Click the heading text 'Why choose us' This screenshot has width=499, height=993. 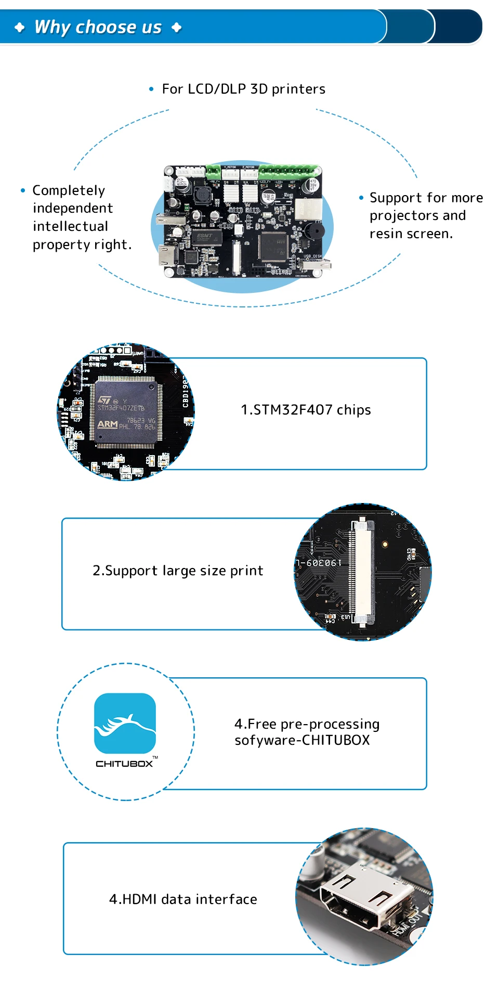click(98, 27)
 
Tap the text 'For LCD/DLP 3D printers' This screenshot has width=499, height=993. click(243, 89)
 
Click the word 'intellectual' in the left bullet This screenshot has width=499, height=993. click(70, 226)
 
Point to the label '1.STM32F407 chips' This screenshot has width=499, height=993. click(306, 410)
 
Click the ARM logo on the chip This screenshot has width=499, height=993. click(107, 424)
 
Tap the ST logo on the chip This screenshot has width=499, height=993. click(104, 400)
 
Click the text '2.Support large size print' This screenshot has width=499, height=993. click(178, 571)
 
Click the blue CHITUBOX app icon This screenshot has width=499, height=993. click(125, 723)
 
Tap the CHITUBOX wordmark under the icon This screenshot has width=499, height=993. click(124, 764)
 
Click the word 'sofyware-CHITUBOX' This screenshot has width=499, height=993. click(302, 740)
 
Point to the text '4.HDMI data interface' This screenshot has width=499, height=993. click(183, 899)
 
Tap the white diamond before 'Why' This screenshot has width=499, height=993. click(20, 27)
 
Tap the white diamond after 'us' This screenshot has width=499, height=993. click(177, 27)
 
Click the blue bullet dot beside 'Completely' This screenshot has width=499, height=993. click(23, 190)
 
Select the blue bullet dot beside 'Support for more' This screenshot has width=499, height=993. click(361, 198)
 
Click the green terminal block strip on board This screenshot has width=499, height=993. click(288, 171)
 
